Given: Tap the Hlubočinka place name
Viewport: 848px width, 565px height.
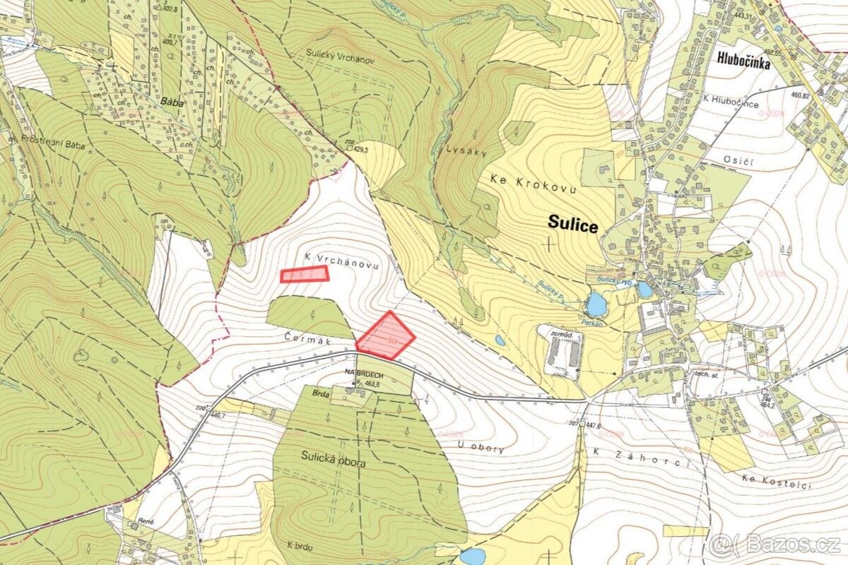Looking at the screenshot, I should tap(736, 61).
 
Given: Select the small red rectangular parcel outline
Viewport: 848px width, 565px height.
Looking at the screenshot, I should tap(305, 275).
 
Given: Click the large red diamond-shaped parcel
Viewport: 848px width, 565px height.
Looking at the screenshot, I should tap(385, 335).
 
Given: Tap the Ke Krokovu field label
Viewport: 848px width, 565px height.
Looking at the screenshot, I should tap(534, 180).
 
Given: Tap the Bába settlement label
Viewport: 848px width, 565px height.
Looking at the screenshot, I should tap(172, 100).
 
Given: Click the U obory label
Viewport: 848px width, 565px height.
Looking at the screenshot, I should tap(481, 448).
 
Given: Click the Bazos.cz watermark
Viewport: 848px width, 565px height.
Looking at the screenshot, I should tap(777, 545).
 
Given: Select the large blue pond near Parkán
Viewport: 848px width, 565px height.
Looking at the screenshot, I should tap(596, 306).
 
